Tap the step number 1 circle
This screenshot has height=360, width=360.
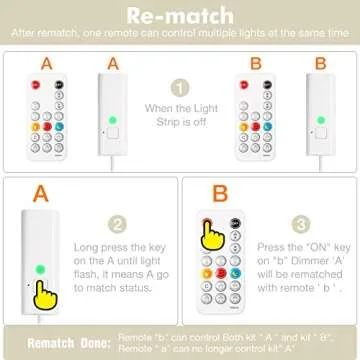click(180, 88)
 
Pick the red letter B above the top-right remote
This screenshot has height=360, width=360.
click(255, 62)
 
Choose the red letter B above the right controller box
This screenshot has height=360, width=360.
click(320, 62)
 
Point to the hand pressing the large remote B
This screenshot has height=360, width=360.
click(211, 235)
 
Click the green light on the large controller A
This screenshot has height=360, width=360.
click(40, 269)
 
